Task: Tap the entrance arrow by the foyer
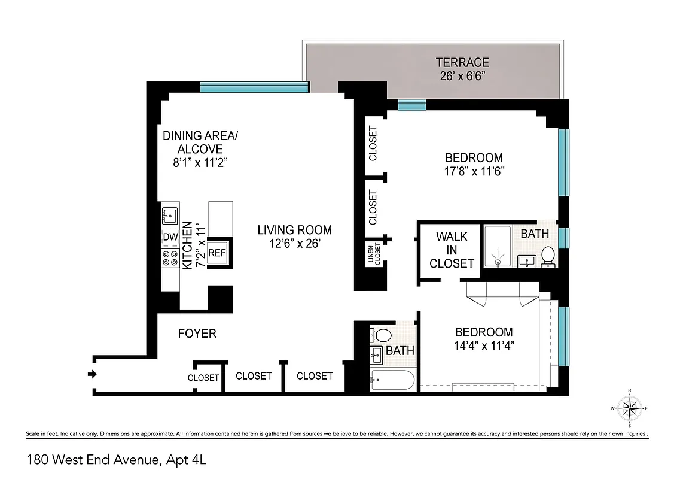point(92,375)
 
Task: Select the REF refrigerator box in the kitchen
point(217,253)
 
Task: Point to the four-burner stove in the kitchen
point(170,258)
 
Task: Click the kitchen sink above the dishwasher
point(170,215)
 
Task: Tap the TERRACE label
point(462,62)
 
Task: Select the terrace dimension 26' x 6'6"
point(462,76)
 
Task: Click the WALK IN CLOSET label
point(452,250)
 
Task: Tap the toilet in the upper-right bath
point(548,256)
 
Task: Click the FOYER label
point(197,334)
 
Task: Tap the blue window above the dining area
point(254,87)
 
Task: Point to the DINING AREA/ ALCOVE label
point(200,143)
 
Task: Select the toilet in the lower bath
point(382,335)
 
